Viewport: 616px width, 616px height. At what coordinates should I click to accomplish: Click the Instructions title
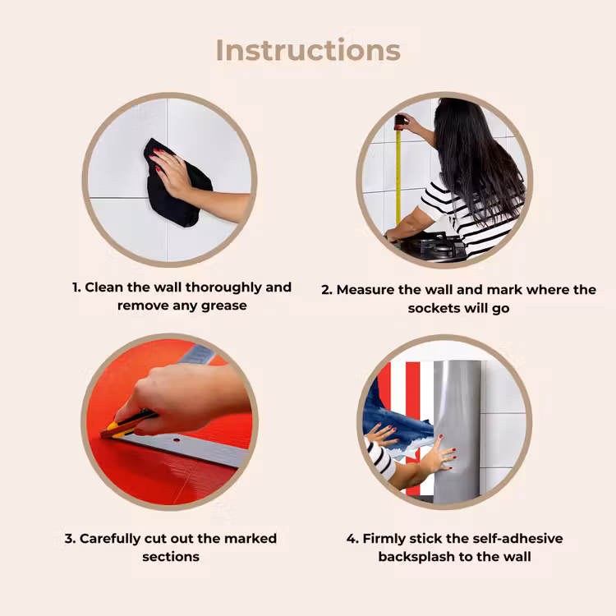[308, 50]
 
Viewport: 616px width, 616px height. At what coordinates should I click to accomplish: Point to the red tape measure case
[399, 122]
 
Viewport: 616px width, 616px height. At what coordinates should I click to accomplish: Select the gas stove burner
[432, 245]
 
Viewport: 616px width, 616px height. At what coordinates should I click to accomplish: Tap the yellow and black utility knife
[127, 425]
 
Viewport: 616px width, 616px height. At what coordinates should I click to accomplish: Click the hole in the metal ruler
[177, 440]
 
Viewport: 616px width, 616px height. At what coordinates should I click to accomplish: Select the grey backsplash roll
[457, 431]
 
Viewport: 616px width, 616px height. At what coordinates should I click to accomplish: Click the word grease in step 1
[224, 306]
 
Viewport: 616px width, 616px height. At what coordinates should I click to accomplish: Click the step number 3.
[70, 538]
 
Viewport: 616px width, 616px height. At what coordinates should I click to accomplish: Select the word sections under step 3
[171, 557]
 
